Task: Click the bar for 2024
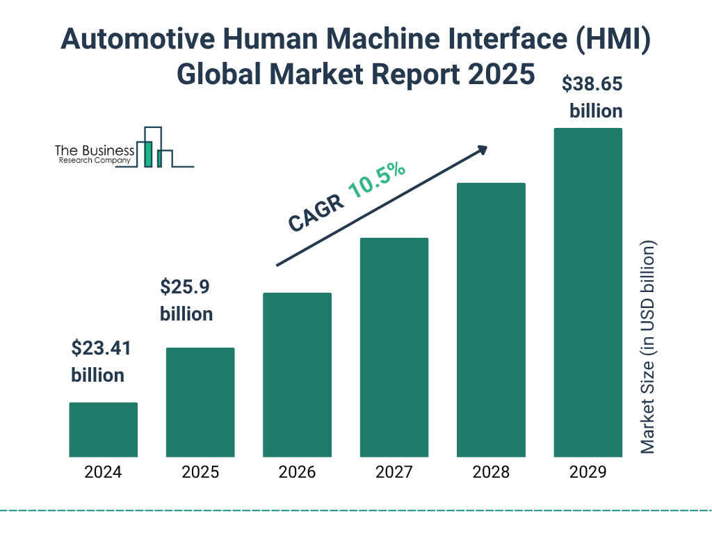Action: click(x=103, y=430)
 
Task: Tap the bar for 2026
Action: click(x=297, y=375)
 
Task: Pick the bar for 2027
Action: click(x=394, y=348)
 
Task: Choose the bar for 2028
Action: click(x=491, y=320)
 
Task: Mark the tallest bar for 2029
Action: click(x=588, y=293)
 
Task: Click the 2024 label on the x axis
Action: click(x=103, y=473)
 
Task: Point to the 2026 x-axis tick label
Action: click(x=297, y=473)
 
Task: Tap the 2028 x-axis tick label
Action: click(x=491, y=473)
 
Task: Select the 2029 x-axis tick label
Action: click(x=588, y=473)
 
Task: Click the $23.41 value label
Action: click(x=102, y=348)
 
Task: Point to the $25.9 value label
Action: click(x=185, y=286)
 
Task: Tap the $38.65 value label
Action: click(x=592, y=85)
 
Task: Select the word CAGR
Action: click(x=315, y=212)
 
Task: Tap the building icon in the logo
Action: click(x=154, y=147)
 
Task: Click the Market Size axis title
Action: click(x=648, y=348)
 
